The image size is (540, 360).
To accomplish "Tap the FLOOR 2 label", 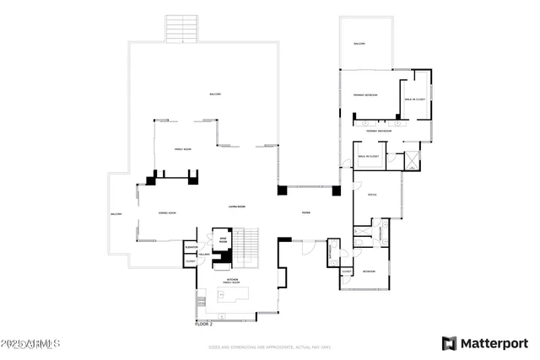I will (204, 322).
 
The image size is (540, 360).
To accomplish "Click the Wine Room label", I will (224, 241).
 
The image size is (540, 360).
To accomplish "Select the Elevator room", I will (191, 247).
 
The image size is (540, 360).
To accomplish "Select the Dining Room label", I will (166, 213).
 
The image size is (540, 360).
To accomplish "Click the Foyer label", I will (306, 213).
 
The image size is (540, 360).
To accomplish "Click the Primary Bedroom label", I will (364, 96).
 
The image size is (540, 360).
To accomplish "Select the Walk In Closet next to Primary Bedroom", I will (416, 99).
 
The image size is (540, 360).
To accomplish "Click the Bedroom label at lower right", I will (369, 271).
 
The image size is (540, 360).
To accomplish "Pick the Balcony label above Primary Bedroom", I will (360, 43).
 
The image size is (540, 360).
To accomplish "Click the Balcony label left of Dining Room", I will (116, 214).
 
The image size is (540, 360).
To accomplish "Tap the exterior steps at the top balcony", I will (179, 29).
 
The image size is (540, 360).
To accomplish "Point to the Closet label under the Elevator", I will (190, 261).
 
